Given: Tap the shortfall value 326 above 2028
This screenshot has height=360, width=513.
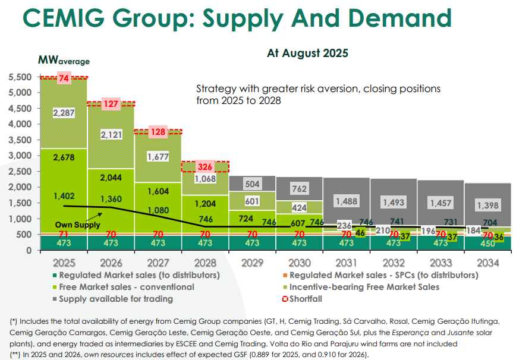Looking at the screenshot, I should click(x=205, y=167).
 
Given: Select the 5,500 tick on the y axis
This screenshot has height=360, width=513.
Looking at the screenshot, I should click(x=20, y=77).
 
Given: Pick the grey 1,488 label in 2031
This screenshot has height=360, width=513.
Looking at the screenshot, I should click(x=346, y=201).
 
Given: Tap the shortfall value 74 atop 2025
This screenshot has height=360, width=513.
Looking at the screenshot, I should click(x=64, y=78).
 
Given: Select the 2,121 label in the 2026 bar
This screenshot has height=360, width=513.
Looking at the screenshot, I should click(x=111, y=135).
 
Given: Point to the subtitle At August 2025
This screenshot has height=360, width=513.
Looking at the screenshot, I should click(x=307, y=53).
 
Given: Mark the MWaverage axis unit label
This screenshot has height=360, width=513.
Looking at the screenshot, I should click(x=64, y=61).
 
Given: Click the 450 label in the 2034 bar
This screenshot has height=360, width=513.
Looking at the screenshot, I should click(x=487, y=243).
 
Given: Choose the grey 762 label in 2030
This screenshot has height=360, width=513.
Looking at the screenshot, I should click(x=299, y=190).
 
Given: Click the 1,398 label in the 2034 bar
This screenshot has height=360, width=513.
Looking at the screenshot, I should click(x=487, y=205).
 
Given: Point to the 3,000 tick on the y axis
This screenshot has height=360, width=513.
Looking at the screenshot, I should click(x=20, y=156).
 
